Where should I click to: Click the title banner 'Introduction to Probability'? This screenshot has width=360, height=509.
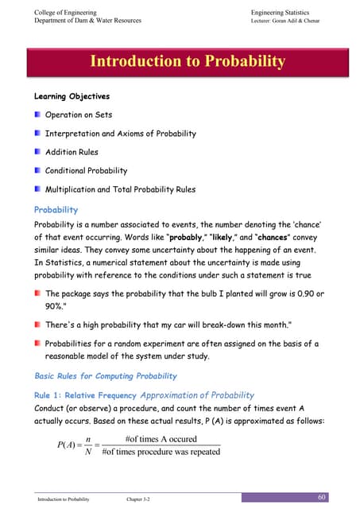[188, 61]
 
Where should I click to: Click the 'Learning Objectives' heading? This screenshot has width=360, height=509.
[66, 96]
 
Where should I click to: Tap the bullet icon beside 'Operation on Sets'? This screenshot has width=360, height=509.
[37, 115]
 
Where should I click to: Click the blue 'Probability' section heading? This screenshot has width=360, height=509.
[56, 210]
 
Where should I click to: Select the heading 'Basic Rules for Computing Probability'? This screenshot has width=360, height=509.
[106, 375]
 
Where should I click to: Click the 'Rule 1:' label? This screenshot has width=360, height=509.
[49, 394]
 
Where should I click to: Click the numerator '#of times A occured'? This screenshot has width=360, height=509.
[161, 438]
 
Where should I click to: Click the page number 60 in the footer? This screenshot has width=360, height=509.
[321, 496]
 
